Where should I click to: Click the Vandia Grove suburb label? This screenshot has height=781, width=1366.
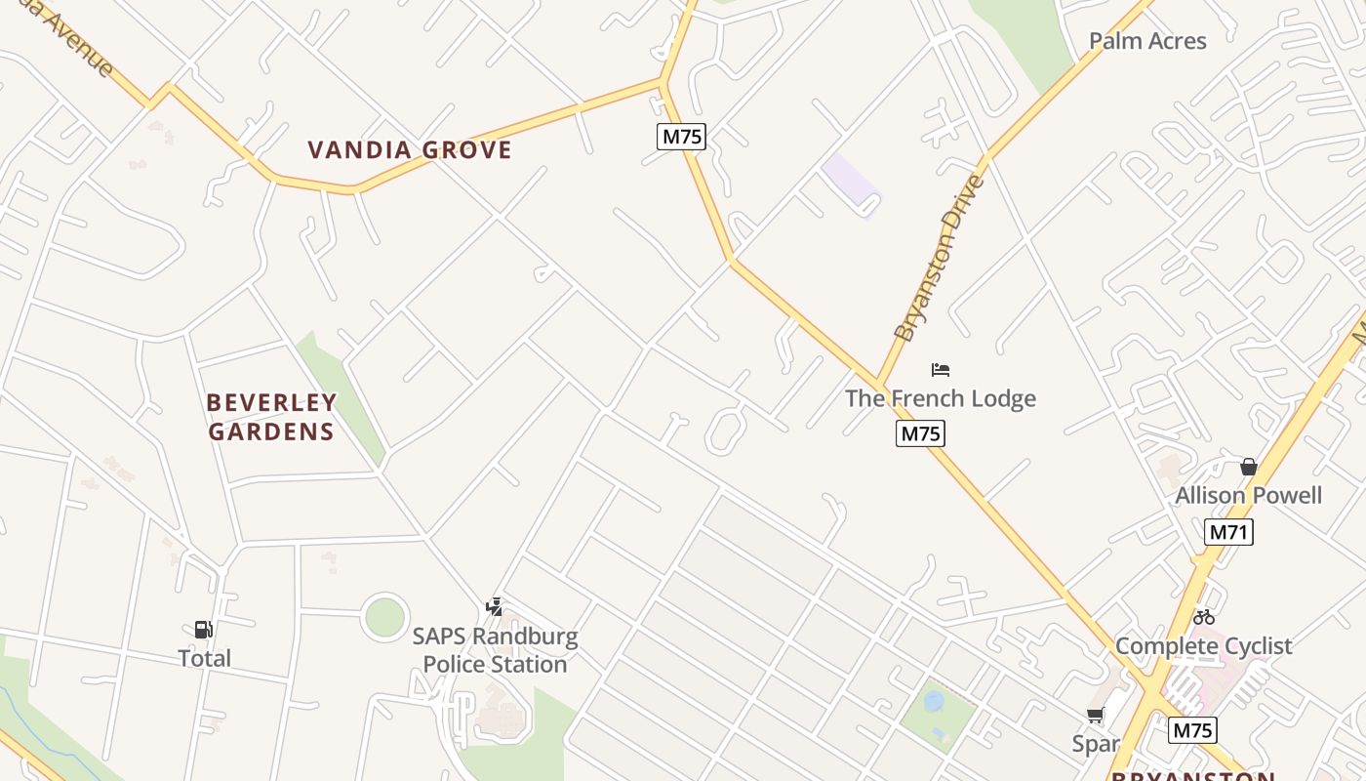pos(410,150)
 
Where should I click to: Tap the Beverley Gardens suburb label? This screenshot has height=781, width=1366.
pos(271,417)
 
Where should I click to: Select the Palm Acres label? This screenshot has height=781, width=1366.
pos(1147,41)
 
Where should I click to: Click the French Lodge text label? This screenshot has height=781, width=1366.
pos(941,398)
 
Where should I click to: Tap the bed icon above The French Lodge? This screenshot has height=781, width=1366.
pos(941,370)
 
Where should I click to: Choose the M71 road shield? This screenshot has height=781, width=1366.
pos(1228,532)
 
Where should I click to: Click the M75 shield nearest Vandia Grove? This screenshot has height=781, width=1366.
pos(682,137)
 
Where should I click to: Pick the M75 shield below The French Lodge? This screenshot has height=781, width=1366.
pos(920,433)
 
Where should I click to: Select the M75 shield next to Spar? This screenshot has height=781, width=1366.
pos(1191,730)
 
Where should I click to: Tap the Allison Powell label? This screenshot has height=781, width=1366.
pos(1248,495)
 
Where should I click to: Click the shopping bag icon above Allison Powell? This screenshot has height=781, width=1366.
pos(1248,467)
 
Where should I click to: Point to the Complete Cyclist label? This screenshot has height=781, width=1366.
pos(1203,646)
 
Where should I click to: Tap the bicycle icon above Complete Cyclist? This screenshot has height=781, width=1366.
pos(1204,617)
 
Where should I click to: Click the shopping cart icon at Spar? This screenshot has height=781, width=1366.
pos(1096,716)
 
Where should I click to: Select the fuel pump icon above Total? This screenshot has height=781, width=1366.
pos(204,630)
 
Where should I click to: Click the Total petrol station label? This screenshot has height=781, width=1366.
pos(205,659)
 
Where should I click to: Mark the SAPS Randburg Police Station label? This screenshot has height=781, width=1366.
pos(495,651)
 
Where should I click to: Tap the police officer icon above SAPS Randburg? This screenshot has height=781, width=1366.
pos(495,607)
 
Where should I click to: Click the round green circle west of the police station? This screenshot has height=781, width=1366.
pos(384,617)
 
